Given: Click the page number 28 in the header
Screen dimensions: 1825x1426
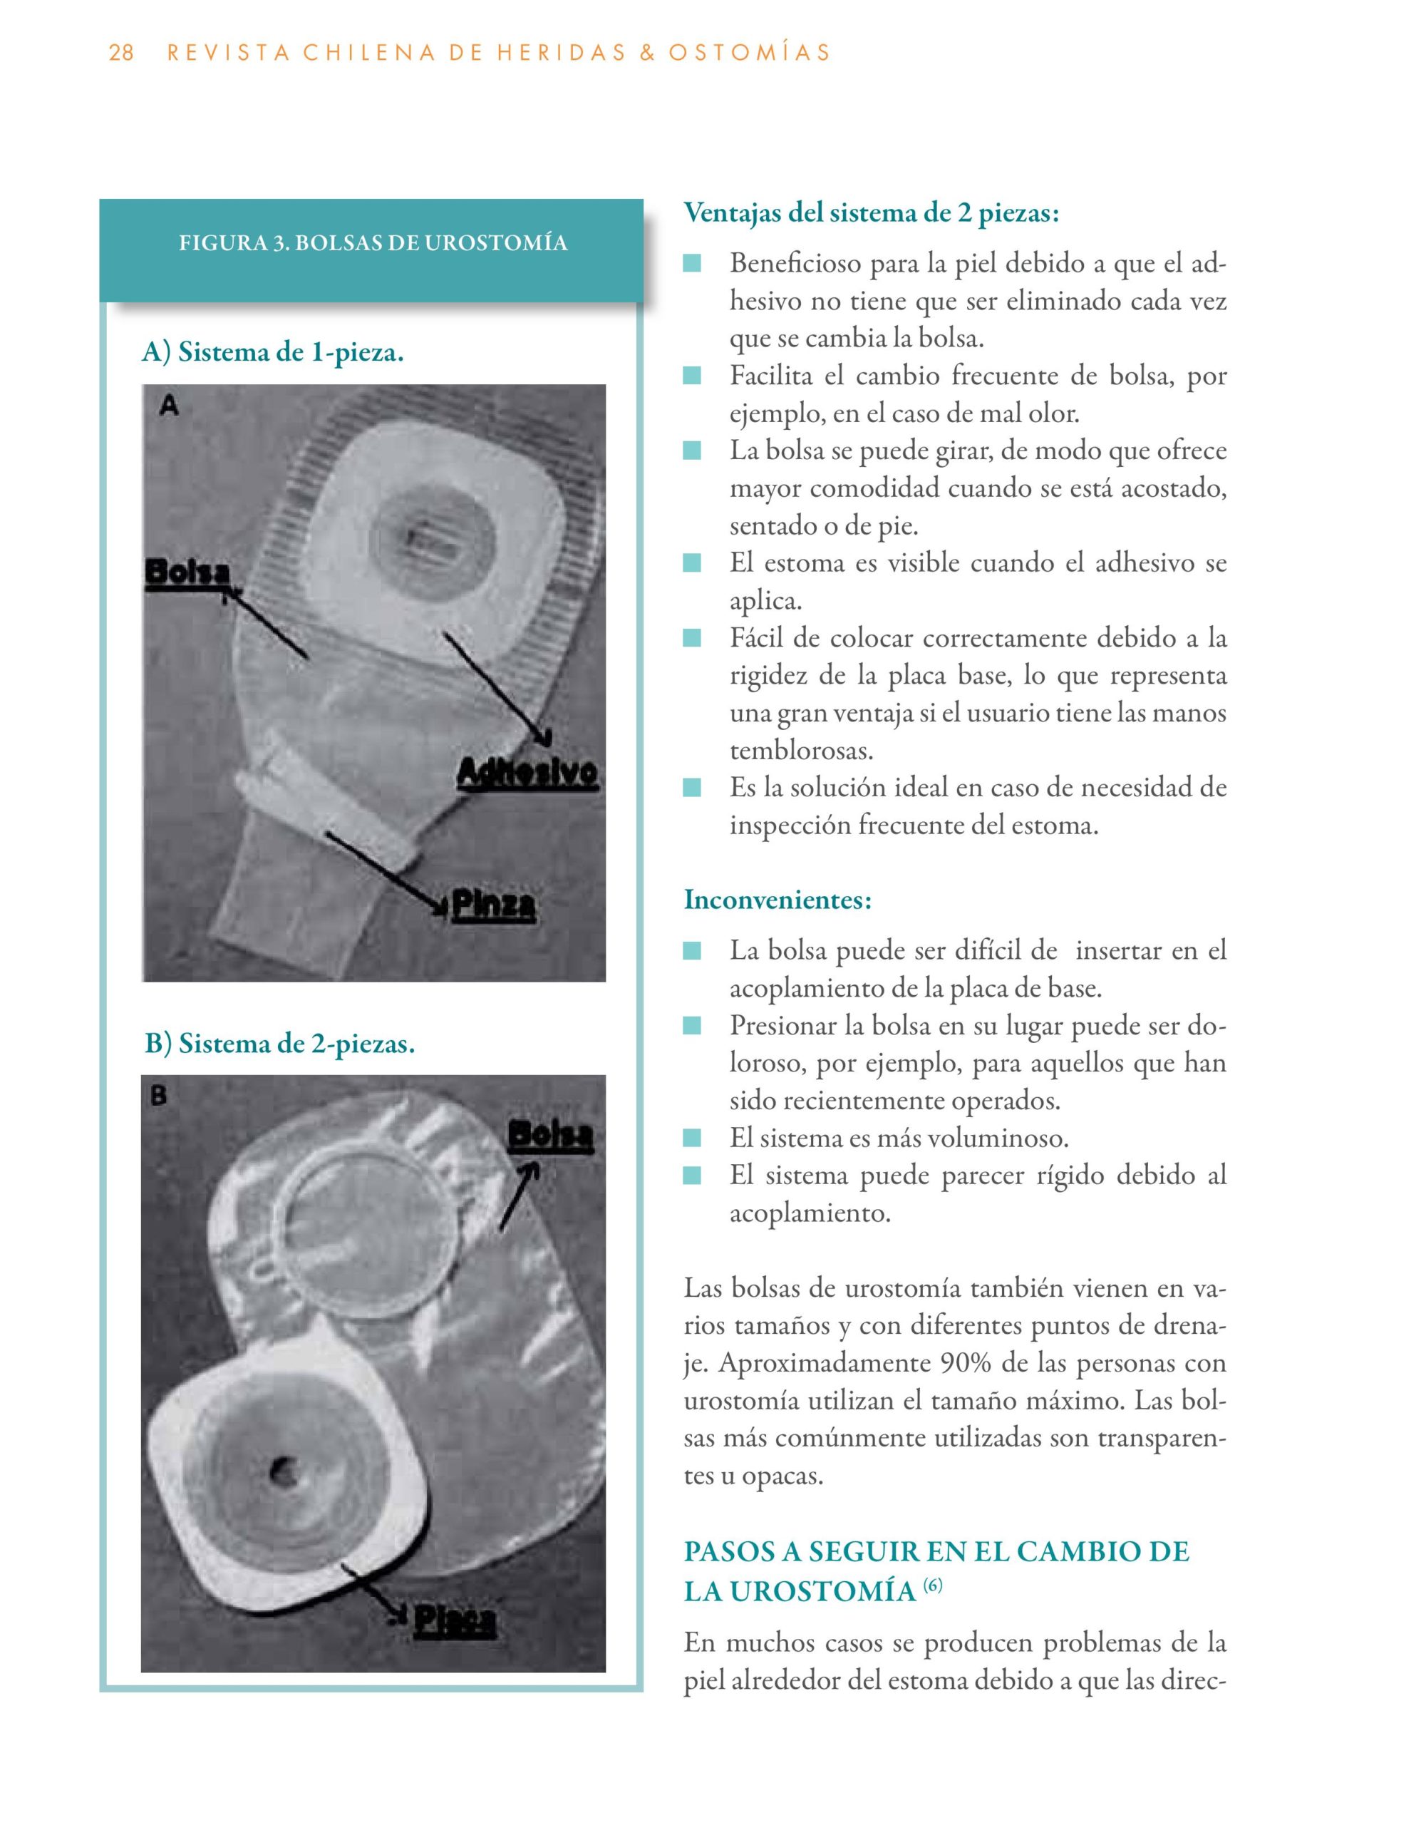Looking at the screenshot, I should pos(121,53).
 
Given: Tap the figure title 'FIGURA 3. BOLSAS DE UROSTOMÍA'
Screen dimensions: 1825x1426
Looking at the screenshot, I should pos(373,243).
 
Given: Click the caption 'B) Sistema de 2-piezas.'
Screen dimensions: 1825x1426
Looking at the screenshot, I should pos(280,1044).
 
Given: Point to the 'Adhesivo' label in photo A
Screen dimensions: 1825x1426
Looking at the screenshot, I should pos(528,773).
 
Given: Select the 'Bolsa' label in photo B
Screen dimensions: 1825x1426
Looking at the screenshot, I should pos(551,1136).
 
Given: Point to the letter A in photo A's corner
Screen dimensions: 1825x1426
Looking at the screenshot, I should pos(170,406).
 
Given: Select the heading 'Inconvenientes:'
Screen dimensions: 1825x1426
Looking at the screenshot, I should pos(777,900).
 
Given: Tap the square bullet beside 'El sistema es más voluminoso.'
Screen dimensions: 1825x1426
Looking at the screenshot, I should pos(692,1138).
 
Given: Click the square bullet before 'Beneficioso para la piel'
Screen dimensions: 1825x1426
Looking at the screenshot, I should pos(692,264).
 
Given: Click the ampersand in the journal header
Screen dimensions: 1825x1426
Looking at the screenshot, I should pos(646,53).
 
